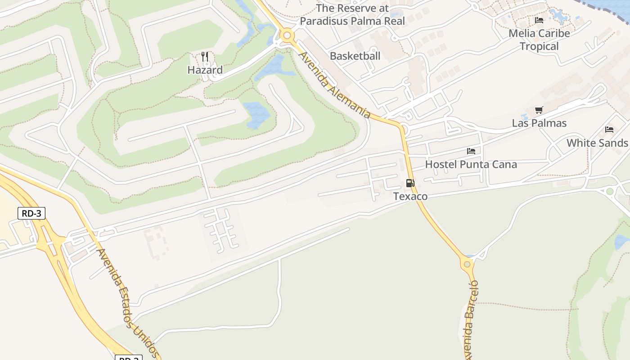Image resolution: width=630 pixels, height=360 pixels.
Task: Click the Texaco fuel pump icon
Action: click(410, 183)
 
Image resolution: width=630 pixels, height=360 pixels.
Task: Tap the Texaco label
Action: click(410, 196)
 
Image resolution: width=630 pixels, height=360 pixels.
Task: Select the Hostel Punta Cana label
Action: click(471, 164)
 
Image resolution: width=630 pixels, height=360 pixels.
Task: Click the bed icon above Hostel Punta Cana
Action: click(471, 151)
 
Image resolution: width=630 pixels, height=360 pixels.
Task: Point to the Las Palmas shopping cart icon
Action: click(539, 110)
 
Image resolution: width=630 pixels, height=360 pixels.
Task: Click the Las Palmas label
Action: click(539, 123)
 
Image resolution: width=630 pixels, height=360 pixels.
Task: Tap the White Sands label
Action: click(597, 143)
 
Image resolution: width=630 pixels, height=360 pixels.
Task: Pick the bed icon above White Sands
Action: click(609, 130)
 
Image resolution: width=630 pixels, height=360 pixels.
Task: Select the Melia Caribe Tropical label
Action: click(539, 40)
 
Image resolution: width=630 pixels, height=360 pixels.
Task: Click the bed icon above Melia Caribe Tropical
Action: click(539, 20)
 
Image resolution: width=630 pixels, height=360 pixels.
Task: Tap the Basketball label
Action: click(355, 56)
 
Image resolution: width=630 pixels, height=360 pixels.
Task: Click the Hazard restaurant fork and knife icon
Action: click(205, 56)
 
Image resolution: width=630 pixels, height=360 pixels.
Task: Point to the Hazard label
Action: click(205, 70)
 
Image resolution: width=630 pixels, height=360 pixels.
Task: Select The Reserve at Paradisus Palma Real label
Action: click(352, 14)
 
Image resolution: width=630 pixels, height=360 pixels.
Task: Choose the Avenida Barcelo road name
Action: click(471, 319)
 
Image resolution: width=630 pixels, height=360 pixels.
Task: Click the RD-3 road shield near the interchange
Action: click(31, 213)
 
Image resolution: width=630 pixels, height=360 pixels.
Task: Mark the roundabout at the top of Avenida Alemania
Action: click(287, 35)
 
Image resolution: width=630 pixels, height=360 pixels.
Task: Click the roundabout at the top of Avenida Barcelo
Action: click(467, 264)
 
